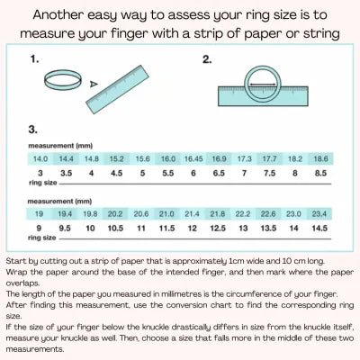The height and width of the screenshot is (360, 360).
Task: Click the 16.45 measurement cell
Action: tap(194, 157)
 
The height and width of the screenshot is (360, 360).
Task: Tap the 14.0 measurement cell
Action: tap(42, 157)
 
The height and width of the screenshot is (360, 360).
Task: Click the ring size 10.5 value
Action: tap(115, 229)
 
